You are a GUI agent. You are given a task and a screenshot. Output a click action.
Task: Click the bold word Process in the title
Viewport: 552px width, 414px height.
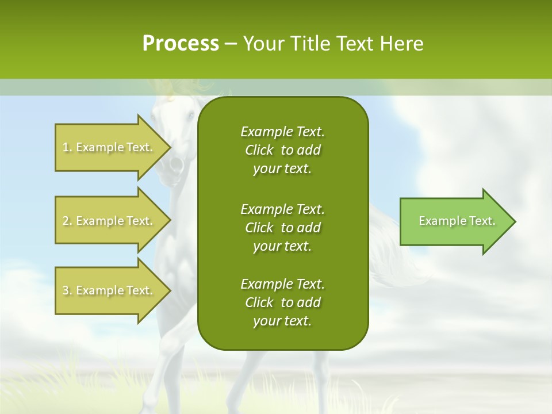point(181,44)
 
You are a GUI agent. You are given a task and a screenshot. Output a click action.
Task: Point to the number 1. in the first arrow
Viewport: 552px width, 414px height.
point(67,147)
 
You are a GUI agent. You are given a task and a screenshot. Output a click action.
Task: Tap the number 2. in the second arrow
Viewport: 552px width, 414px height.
point(67,221)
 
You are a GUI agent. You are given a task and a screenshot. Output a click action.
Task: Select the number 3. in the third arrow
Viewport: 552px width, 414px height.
point(67,290)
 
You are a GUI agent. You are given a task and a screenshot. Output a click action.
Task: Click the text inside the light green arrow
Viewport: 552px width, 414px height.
point(457,221)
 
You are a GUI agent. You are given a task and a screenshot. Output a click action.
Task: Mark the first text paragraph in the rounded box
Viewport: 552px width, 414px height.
point(282,150)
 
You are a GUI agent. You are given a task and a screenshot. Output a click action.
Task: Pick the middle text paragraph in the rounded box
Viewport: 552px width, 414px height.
point(282,228)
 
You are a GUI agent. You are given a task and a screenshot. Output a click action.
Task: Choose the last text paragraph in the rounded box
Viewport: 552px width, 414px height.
point(282,302)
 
